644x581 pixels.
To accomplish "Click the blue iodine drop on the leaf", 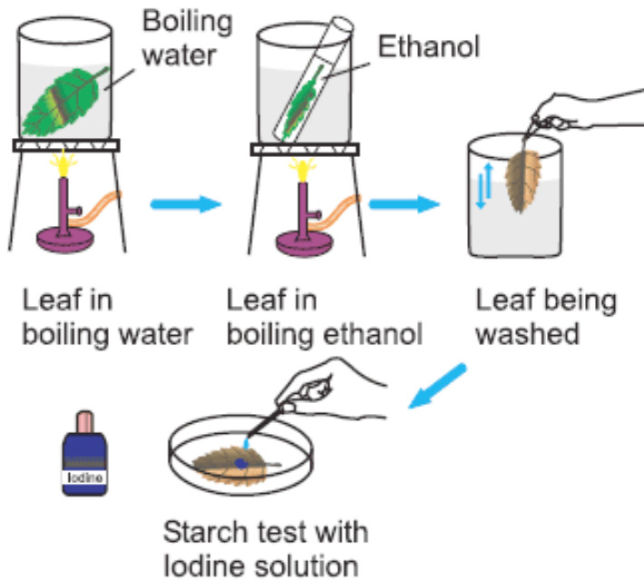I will click(241, 463).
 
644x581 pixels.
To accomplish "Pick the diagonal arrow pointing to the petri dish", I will click(439, 385).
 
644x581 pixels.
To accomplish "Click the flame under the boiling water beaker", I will click(64, 163).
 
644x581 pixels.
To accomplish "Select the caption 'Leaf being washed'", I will click(545, 318).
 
